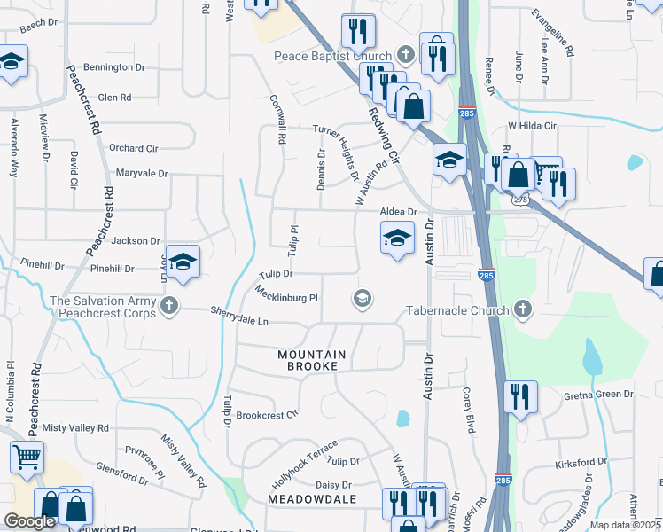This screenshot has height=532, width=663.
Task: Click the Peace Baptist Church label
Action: (x=333, y=57)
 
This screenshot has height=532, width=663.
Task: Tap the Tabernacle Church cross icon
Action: (x=523, y=309)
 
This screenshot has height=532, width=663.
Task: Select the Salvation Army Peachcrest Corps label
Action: (x=103, y=308)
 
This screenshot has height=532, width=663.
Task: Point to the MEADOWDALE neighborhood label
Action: (x=312, y=499)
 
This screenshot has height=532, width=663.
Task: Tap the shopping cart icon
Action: (x=27, y=458)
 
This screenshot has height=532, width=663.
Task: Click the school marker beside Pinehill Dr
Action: (x=183, y=262)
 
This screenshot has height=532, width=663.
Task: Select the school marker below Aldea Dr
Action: (x=397, y=238)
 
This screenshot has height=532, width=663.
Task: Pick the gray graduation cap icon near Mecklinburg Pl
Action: (x=362, y=299)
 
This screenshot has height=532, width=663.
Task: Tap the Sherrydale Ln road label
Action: (x=239, y=315)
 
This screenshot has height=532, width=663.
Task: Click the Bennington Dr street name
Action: (x=114, y=67)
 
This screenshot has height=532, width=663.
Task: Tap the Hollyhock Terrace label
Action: (x=305, y=465)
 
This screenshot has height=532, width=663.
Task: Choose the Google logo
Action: (x=29, y=521)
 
